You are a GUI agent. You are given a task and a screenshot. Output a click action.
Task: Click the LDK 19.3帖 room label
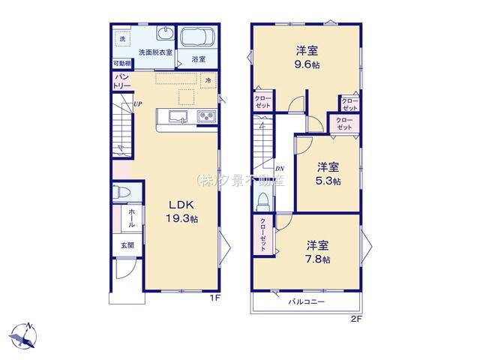tap(182, 211)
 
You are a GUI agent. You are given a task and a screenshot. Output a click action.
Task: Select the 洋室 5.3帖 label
tap(328, 173)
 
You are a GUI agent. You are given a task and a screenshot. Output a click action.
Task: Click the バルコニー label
tap(307, 301)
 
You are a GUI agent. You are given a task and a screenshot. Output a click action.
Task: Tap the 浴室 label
tap(198, 58)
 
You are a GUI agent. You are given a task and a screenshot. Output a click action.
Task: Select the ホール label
tap(131, 218)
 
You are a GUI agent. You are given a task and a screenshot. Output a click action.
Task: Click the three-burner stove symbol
tap(205, 116)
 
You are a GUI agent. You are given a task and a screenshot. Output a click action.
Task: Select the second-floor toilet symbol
tap(263, 202)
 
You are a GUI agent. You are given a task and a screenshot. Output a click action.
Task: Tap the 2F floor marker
tap(355, 319)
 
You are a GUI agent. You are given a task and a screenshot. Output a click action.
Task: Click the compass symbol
tap(25, 335)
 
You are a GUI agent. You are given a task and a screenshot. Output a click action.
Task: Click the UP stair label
tap(137, 104)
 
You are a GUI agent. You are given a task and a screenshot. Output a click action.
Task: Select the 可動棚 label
tap(121, 64)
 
